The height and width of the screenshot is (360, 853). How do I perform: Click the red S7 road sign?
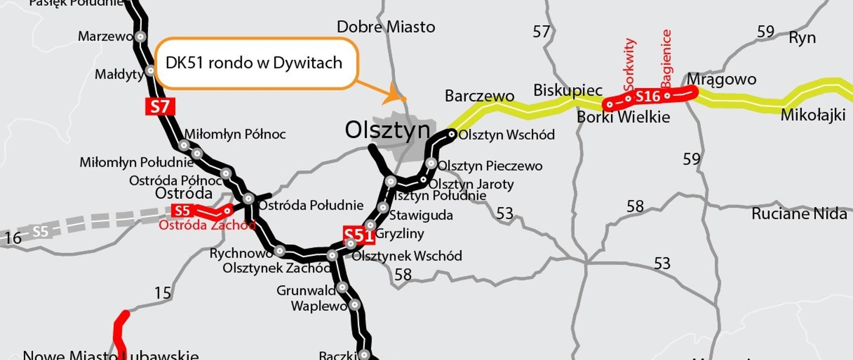click(160, 107)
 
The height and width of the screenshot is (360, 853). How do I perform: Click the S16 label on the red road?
click(648, 96)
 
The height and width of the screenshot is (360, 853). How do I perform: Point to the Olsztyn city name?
click(387, 131)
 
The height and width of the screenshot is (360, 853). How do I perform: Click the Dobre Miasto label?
click(386, 27)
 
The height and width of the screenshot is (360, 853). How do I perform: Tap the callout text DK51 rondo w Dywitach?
click(254, 63)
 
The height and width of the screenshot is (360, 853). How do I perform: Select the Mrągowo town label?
click(721, 80)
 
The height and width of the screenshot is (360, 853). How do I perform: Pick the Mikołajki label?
click(813, 116)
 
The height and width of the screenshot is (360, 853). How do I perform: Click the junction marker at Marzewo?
click(141, 36)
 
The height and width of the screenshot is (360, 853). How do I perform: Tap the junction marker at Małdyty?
click(151, 70)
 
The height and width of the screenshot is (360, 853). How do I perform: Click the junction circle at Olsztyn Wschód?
click(452, 134)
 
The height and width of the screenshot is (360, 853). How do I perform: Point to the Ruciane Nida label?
click(799, 214)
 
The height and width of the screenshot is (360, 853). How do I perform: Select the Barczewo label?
click(479, 96)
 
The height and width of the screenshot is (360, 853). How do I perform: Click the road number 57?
click(541, 32)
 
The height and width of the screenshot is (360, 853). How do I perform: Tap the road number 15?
click(163, 293)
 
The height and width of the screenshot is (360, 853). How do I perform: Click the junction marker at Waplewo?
click(355, 305)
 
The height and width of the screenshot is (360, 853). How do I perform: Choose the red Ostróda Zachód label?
click(207, 225)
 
